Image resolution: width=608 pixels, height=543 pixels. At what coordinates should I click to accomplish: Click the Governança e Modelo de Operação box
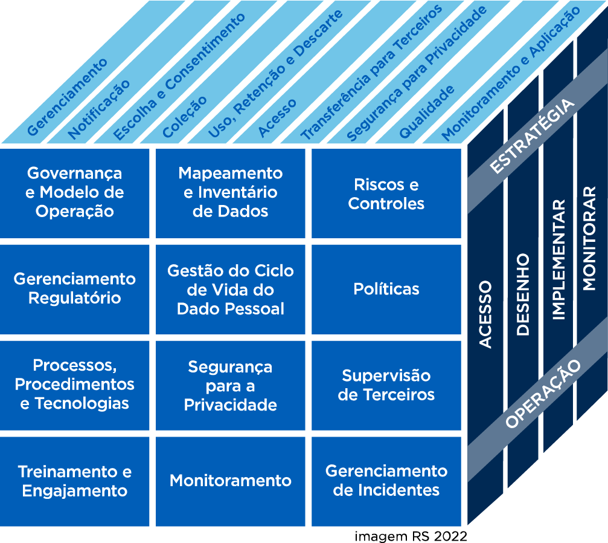point(75,192)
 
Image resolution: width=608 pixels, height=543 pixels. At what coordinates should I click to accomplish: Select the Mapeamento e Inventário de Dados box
point(231,192)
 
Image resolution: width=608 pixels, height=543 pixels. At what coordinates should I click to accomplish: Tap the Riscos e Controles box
point(386,193)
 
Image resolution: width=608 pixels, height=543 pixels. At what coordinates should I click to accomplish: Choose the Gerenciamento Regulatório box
point(75,288)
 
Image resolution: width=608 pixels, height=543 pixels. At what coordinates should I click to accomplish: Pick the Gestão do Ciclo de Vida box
point(231,289)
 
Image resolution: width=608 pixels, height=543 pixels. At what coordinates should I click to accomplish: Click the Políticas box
point(386,289)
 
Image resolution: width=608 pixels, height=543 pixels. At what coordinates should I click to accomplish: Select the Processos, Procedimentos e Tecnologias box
point(75,385)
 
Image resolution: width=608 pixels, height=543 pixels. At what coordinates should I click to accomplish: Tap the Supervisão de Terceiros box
point(386,385)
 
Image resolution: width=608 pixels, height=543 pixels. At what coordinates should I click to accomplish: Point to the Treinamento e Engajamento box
point(75,481)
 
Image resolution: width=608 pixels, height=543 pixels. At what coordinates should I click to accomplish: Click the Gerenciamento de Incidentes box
point(386,481)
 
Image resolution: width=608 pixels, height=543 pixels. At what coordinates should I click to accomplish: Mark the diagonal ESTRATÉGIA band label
point(531,137)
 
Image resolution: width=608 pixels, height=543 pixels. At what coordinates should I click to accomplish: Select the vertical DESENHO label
point(523,295)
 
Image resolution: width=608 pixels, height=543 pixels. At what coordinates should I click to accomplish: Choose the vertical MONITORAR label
point(590,238)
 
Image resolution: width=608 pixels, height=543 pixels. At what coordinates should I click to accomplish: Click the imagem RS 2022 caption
point(411,536)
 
